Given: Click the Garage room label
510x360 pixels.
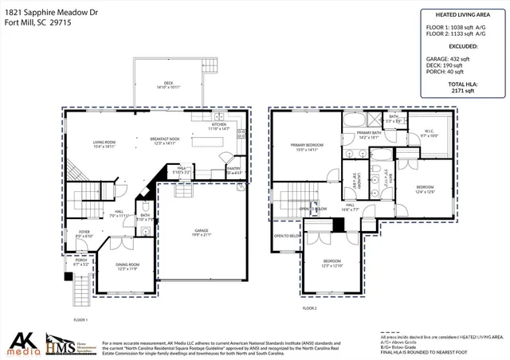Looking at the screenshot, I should (x=201, y=231).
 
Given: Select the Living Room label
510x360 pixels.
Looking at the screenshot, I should (x=104, y=141).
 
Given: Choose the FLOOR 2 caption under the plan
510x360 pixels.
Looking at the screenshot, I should (x=309, y=307).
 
